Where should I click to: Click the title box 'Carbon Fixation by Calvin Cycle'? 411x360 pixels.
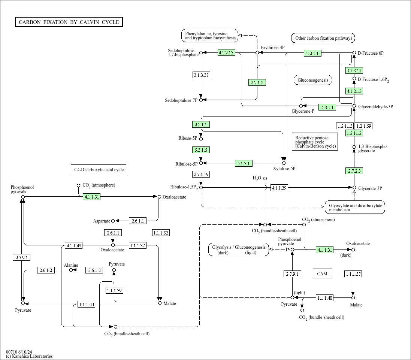pos(69,22)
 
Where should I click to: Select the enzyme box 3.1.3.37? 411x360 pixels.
pos(201,75)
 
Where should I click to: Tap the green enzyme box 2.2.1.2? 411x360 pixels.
pos(257,82)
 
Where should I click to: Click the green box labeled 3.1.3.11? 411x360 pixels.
pos(354,70)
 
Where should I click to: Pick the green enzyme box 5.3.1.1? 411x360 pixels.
pos(327,107)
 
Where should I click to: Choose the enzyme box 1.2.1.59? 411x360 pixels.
pos(363,126)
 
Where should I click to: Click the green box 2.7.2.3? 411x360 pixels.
pos(354,171)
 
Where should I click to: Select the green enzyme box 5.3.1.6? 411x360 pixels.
pos(201,150)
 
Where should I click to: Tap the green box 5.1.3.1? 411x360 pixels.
pos(244,163)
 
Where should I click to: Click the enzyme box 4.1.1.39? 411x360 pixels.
pos(279,188)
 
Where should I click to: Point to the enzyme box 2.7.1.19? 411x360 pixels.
pos(201,174)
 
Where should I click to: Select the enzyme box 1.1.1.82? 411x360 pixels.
pos(161,233)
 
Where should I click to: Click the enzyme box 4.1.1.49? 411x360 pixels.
pos(73,245)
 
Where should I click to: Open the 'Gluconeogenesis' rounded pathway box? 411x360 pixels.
pos(313,80)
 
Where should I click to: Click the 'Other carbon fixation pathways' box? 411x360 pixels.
pos(323,38)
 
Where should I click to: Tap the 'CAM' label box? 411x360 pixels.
pos(322,273)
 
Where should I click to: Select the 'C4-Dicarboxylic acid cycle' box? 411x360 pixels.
pos(99,170)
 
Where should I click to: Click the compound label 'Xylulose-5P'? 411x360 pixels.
pos(284,169)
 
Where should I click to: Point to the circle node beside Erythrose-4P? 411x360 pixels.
pos(257,53)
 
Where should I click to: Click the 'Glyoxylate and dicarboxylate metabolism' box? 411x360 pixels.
pos(355,207)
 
